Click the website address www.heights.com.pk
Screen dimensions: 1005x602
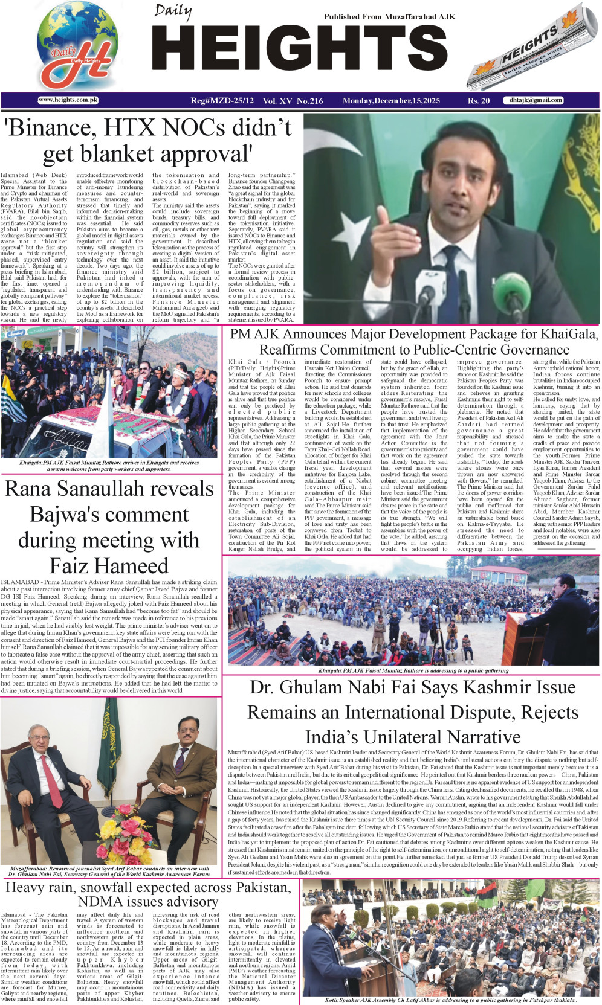click(68, 100)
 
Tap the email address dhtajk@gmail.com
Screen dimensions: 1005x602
click(536, 100)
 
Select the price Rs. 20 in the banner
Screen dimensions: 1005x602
click(479, 101)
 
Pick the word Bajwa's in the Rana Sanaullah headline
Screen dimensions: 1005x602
click(109, 515)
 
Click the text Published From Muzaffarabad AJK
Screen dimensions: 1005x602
click(389, 17)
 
